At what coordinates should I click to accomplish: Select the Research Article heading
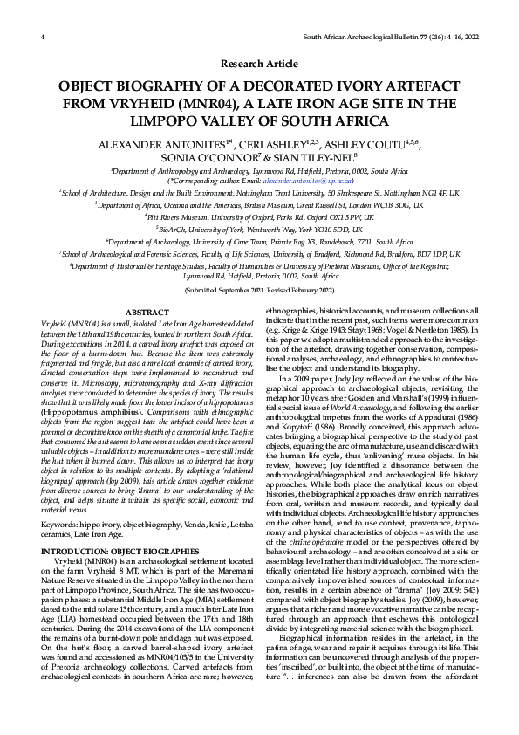(x=259, y=65)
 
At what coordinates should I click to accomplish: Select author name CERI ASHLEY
(x=262, y=141)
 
